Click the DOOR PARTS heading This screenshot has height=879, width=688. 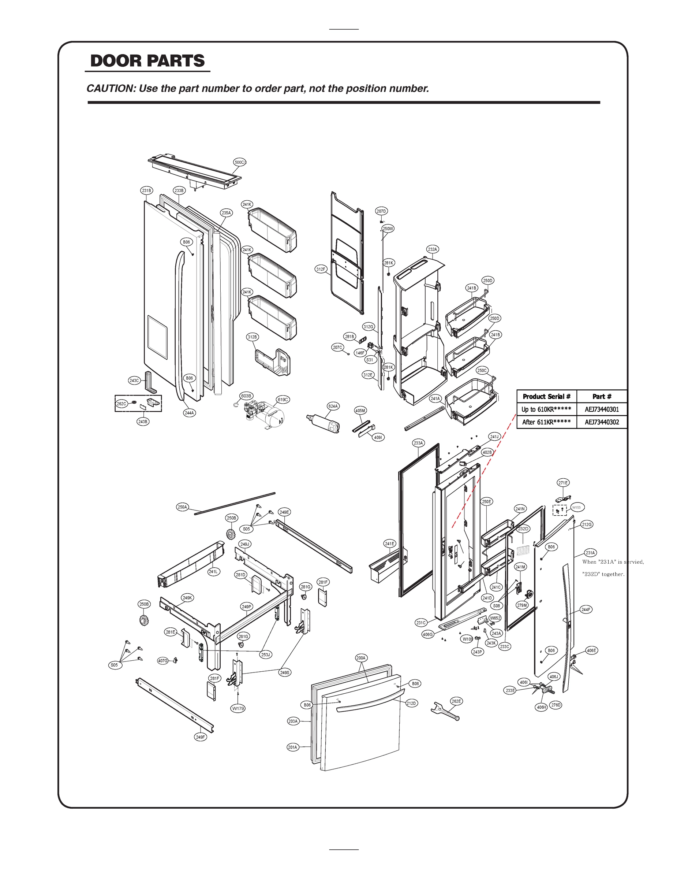[147, 61]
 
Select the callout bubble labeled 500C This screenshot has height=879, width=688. [240, 162]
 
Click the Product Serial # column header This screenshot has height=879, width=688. [547, 397]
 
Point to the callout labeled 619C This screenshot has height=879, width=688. [283, 400]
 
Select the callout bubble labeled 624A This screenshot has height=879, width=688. [333, 406]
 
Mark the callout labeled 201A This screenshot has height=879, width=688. [292, 747]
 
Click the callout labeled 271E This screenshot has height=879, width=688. [563, 483]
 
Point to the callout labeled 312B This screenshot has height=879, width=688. [252, 337]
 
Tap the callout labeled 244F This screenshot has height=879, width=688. [586, 610]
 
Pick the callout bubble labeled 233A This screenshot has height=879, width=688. [419, 443]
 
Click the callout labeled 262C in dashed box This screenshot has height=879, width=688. [121, 404]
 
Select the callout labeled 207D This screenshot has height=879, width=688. [381, 211]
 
